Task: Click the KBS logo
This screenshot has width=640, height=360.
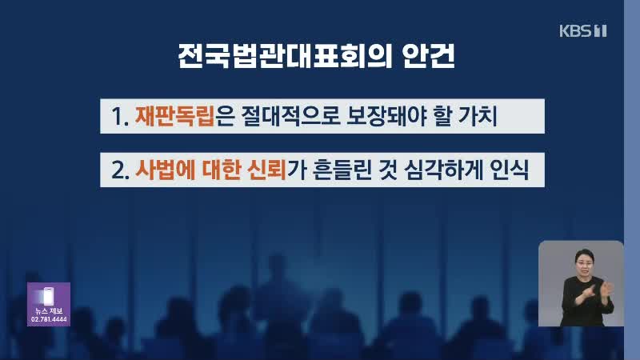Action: pyautogui.click(x=583, y=30)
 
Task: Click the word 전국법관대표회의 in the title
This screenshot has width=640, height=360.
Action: pyautogui.click(x=285, y=56)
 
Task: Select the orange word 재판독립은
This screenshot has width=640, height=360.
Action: pyautogui.click(x=185, y=116)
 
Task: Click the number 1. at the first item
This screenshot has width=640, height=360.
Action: pyautogui.click(x=120, y=117)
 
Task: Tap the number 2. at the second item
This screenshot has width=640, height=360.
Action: pyautogui.click(x=121, y=170)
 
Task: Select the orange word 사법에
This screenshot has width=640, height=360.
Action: pyautogui.click(x=166, y=170)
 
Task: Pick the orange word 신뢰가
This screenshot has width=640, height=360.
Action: pyautogui.click(x=276, y=170)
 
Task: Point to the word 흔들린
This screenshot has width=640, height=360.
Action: pyautogui.click(x=342, y=170)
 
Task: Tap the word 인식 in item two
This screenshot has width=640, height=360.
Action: pyautogui.click(x=509, y=170)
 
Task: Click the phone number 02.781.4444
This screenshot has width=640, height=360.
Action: pyautogui.click(x=49, y=319)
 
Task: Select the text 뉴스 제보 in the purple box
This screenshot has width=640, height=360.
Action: pyautogui.click(x=49, y=311)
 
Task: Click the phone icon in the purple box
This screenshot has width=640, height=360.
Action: pyautogui.click(x=48, y=296)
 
